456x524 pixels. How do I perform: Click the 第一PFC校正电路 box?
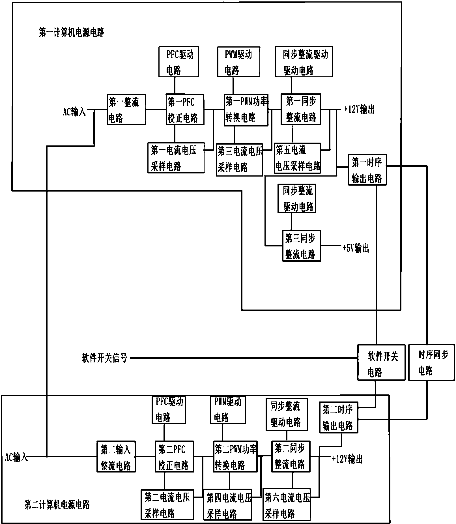pyautogui.click(x=185, y=109)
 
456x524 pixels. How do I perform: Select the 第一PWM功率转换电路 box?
pyautogui.click(x=246, y=109)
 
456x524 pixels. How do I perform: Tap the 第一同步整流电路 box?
pyautogui.click(x=301, y=109)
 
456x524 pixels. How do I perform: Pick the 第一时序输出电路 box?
pyautogui.click(x=367, y=170)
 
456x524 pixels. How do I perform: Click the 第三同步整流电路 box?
pyautogui.click(x=302, y=246)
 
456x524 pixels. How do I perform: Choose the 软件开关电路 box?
pyautogui.click(x=381, y=362)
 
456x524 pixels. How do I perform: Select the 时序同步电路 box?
pyautogui.click(x=432, y=362)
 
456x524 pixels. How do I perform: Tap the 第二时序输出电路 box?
pyautogui.click(x=338, y=417)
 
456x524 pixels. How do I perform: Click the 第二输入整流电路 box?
pyautogui.click(x=116, y=456)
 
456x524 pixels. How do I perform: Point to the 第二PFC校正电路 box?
pyautogui.click(x=174, y=456)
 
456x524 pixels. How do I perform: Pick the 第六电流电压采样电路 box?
pyautogui.click(x=287, y=504)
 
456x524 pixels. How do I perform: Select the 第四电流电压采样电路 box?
pyautogui.click(x=228, y=504)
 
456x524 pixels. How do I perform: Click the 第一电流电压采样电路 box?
pyautogui.click(x=176, y=158)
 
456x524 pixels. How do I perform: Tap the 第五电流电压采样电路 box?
pyautogui.click(x=298, y=158)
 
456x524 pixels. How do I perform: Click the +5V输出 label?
pyautogui.click(x=356, y=248)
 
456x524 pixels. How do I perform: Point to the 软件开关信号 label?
pyautogui.click(x=105, y=358)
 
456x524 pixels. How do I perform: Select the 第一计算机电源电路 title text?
pyautogui.click(x=71, y=33)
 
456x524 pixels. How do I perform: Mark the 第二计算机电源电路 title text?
pyautogui.click(x=57, y=504)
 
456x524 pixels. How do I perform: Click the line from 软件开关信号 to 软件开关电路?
pyautogui.click(x=243, y=358)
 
